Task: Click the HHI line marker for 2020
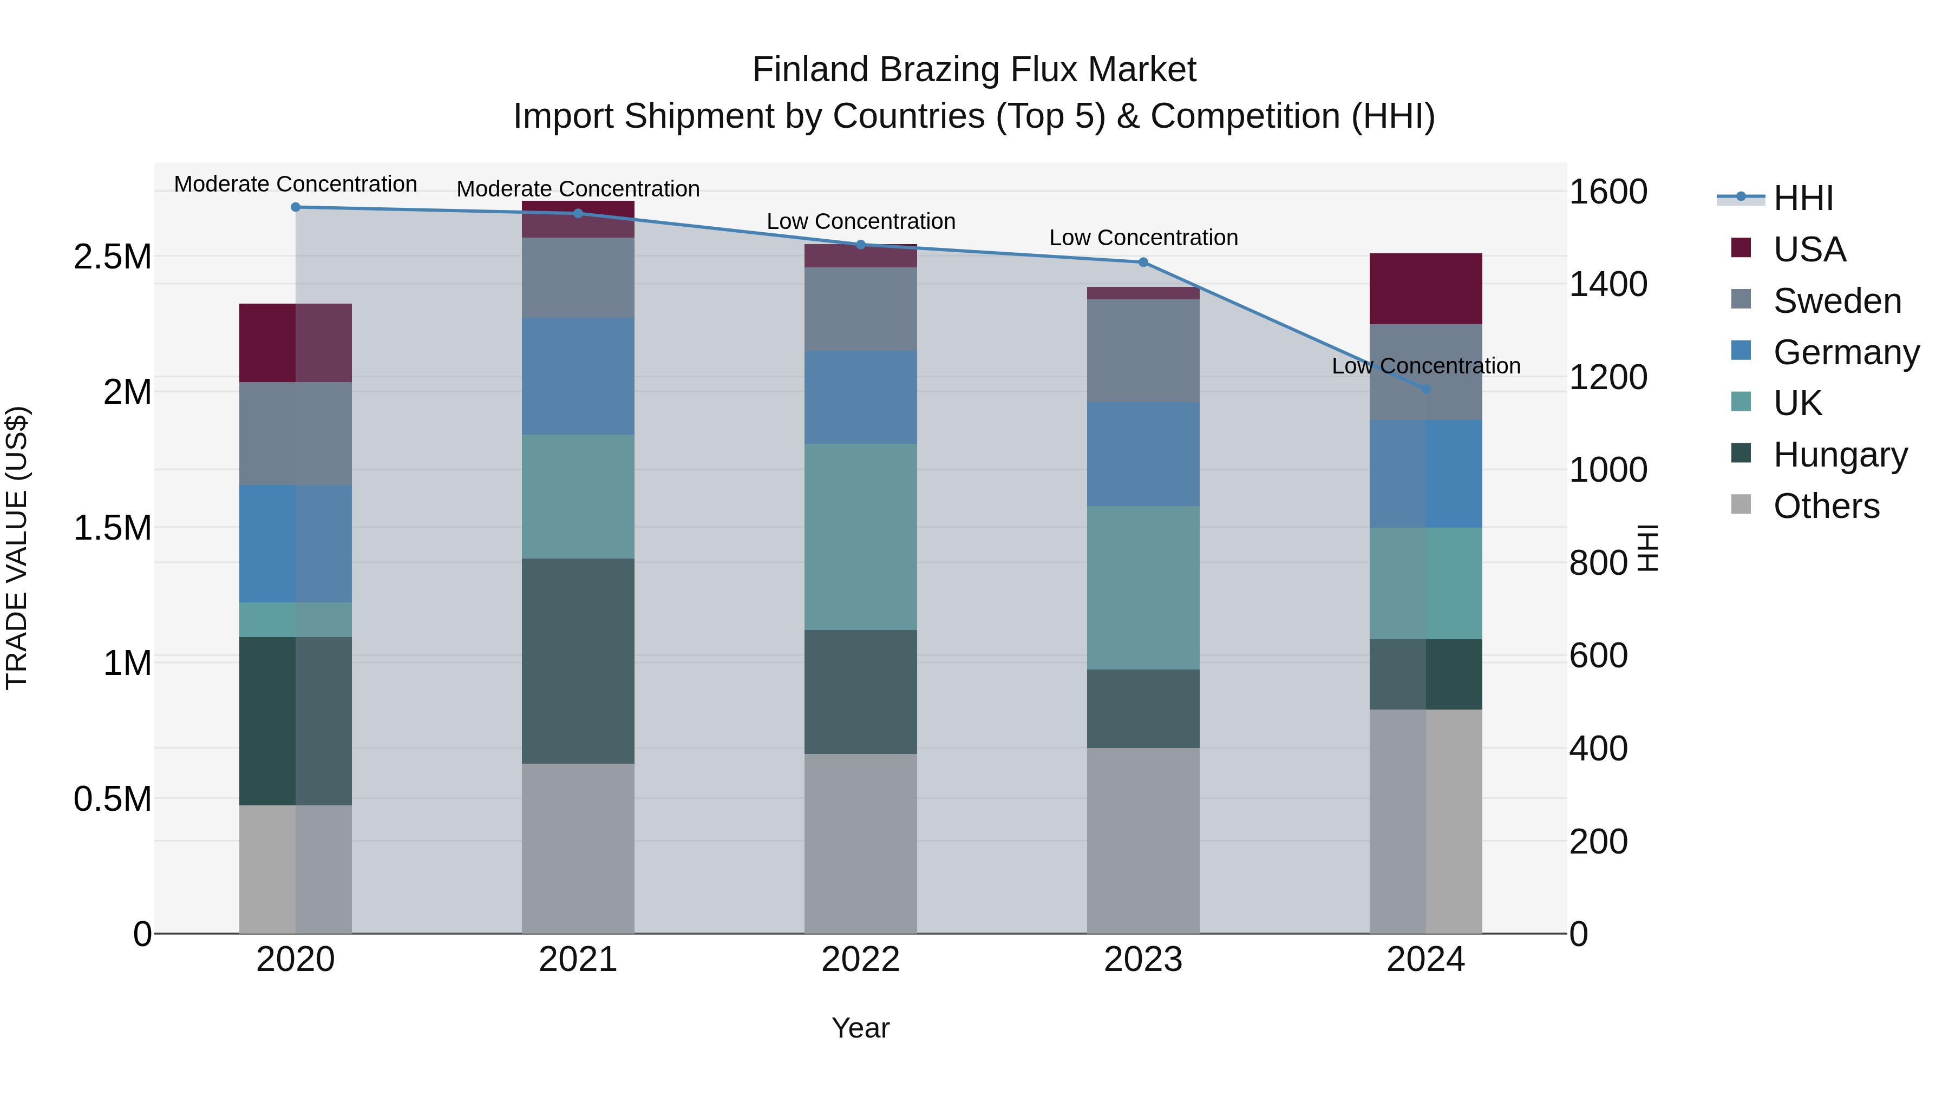click(296, 207)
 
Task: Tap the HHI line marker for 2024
click(1425, 390)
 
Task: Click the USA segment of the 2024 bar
click(1425, 289)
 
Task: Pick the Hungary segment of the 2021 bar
click(578, 661)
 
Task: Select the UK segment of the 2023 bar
click(1143, 588)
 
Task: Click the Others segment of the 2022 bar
click(860, 843)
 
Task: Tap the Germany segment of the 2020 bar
click(296, 544)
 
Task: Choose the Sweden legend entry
click(1837, 301)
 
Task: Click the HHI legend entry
click(1803, 198)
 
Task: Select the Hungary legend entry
click(1840, 455)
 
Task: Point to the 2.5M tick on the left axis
click(113, 257)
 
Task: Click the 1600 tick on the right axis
click(1608, 192)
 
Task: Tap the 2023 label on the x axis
click(1143, 960)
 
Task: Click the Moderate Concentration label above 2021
click(578, 189)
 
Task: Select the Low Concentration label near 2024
click(1425, 366)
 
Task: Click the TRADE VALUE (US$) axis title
click(17, 548)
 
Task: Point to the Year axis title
click(860, 1028)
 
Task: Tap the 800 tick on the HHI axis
click(1598, 563)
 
